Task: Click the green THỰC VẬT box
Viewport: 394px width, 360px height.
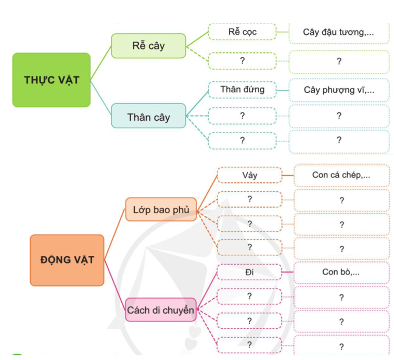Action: pos(51,80)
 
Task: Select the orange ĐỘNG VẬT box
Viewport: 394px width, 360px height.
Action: pos(67,259)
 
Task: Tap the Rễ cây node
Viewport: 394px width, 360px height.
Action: pos(148,45)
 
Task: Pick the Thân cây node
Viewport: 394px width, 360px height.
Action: pos(148,117)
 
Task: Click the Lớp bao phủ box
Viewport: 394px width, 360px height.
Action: pos(161,210)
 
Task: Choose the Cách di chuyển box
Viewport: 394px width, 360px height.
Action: pos(160,310)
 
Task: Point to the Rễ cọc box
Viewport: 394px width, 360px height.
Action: pos(242,32)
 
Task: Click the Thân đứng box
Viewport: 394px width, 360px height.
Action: pos(242,90)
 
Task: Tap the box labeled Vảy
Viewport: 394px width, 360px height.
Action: pos(249,175)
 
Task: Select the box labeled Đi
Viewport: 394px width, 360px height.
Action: pos(249,271)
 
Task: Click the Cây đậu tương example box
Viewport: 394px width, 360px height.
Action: pos(338,32)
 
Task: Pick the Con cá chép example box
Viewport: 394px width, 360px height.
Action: pos(341,175)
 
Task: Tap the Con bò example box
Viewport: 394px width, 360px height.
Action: pos(341,272)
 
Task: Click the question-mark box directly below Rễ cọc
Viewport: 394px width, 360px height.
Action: pos(242,60)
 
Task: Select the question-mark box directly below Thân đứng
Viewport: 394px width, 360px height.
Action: pos(242,115)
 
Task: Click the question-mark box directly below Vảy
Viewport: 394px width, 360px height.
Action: pos(249,199)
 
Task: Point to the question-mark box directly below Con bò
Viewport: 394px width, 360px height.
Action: pos(341,297)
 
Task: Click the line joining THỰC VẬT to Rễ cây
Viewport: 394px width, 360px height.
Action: pos(101,63)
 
